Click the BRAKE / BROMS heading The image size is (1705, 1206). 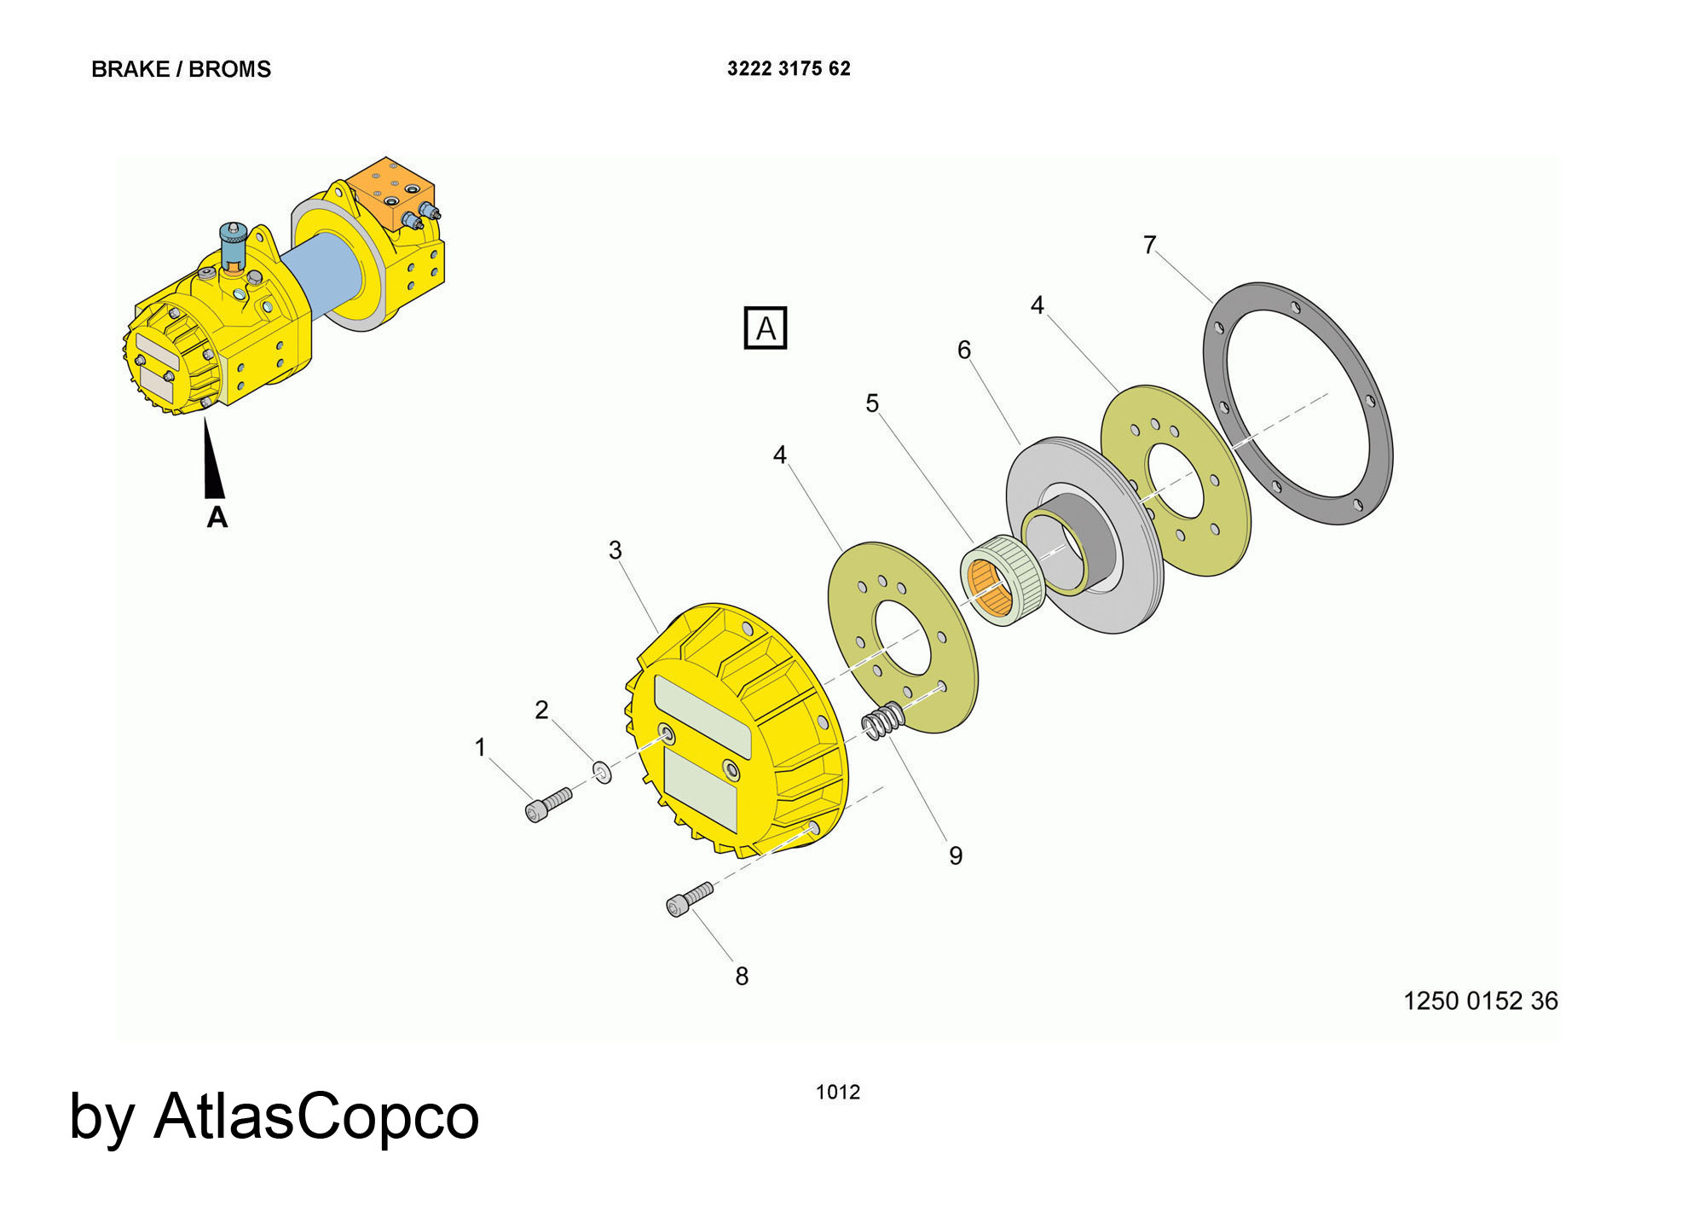[181, 69]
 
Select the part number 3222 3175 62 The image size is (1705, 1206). [789, 69]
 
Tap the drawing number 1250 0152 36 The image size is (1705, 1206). [1480, 1000]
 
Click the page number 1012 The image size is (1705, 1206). [838, 1092]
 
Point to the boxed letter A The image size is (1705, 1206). [766, 328]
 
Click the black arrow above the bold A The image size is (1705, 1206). [213, 461]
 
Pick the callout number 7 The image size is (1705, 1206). [1150, 246]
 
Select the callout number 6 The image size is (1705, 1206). [964, 350]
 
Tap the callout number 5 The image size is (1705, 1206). [872, 403]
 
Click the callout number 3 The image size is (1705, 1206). [616, 550]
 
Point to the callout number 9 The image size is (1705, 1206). [956, 855]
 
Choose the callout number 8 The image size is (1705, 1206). [742, 977]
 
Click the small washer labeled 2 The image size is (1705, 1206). [603, 773]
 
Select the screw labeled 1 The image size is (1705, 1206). [547, 804]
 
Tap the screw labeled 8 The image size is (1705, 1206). [688, 900]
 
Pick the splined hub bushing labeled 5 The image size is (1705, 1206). [1002, 580]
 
